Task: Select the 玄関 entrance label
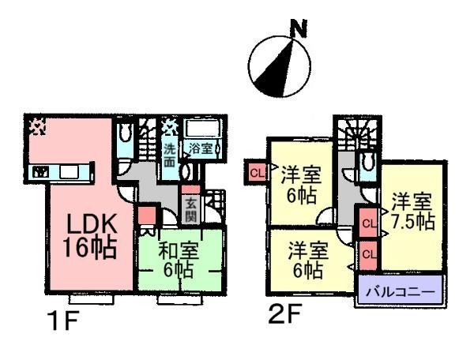[190, 211]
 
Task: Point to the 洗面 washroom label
[170, 154]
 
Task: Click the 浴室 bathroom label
[200, 148]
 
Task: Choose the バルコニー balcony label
[400, 294]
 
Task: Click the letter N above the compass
[298, 30]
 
